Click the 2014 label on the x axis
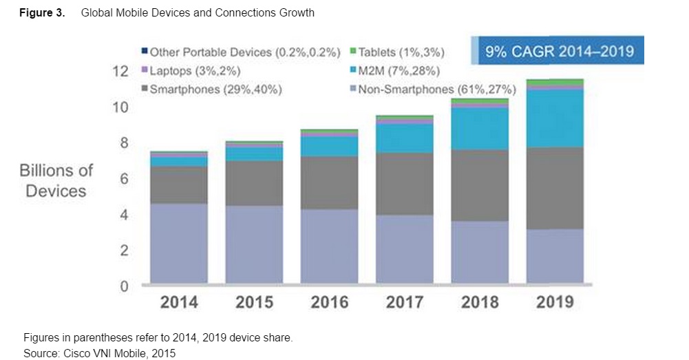click(x=179, y=302)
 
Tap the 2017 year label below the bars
click(x=405, y=302)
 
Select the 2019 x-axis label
click(x=555, y=302)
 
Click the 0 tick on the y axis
click(x=125, y=286)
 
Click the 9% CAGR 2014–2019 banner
click(x=558, y=52)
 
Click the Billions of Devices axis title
click(x=56, y=180)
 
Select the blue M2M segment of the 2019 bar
click(x=555, y=118)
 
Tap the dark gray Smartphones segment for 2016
click(x=329, y=182)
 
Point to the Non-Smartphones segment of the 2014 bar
click(x=179, y=243)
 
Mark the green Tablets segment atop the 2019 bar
click(x=555, y=82)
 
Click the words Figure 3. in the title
click(x=42, y=13)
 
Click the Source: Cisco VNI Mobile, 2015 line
click(x=100, y=353)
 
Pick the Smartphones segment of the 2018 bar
click(x=480, y=185)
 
